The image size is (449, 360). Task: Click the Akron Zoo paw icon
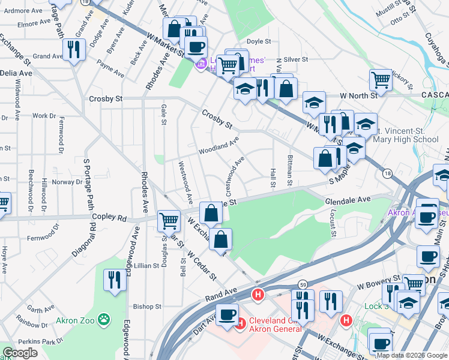(105, 319)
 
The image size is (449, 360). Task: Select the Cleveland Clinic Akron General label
(273, 324)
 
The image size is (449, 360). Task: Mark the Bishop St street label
(148, 306)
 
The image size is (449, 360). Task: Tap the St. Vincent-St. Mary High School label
(406, 135)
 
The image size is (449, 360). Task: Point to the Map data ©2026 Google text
(411, 355)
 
